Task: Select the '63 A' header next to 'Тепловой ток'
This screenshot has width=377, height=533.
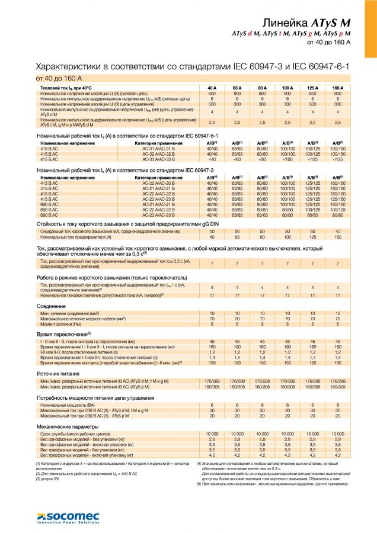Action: click(237, 88)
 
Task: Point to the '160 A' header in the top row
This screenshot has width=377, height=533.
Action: click(338, 88)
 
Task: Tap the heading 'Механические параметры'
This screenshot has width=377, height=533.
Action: click(66, 426)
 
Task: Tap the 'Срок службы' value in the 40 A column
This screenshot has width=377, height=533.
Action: click(212, 435)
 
